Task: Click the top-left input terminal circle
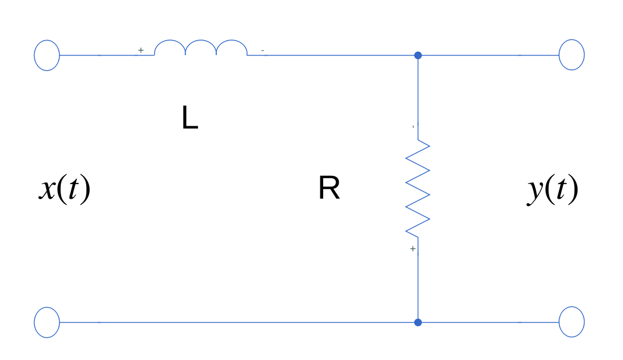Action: point(47,55)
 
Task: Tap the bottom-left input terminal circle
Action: point(47,322)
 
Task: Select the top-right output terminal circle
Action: point(571,55)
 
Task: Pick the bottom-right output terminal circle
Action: point(571,322)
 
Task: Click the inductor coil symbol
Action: point(201,48)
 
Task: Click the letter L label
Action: point(190,119)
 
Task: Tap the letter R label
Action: point(329,189)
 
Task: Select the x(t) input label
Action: point(65,189)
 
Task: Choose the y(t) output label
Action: point(553,190)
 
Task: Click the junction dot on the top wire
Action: point(418,55)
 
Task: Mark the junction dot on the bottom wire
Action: point(418,322)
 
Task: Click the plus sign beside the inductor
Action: point(141,50)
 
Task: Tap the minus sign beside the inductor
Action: point(263,51)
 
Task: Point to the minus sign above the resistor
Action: point(413,127)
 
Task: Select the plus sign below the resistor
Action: point(413,249)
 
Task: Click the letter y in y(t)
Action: point(535,191)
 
